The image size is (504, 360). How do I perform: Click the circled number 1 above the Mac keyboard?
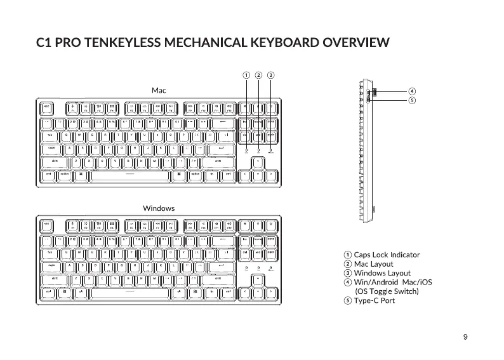[x=246, y=75]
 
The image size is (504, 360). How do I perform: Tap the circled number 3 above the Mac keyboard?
[x=271, y=75]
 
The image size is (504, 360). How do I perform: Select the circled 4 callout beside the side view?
[x=412, y=91]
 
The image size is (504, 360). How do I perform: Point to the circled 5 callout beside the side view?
[x=412, y=100]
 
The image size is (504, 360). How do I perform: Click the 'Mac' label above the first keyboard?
[x=159, y=91]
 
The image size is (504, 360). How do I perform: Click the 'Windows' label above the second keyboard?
[x=159, y=208]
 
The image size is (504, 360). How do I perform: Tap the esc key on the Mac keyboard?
[x=47, y=107]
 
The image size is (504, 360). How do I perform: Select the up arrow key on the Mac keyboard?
[x=258, y=161]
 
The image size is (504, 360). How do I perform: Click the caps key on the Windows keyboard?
[x=52, y=266]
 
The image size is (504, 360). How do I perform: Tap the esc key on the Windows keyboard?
[x=47, y=224]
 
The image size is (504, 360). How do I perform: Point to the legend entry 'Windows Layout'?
[x=381, y=273]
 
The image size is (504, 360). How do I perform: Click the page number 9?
[x=466, y=337]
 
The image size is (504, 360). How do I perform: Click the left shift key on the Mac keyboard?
[x=55, y=161]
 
